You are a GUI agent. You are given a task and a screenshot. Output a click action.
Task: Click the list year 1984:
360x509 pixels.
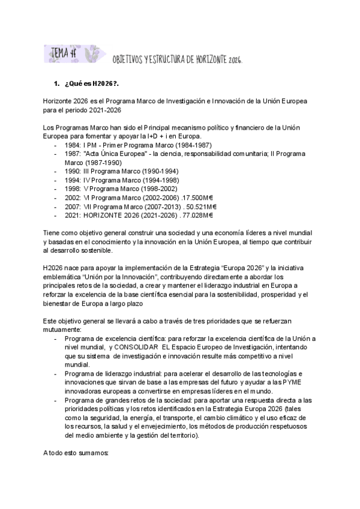point(74,146)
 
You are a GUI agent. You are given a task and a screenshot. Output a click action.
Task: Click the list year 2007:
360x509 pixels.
point(74,205)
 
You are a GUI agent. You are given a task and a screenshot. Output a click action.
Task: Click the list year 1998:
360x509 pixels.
point(74,188)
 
